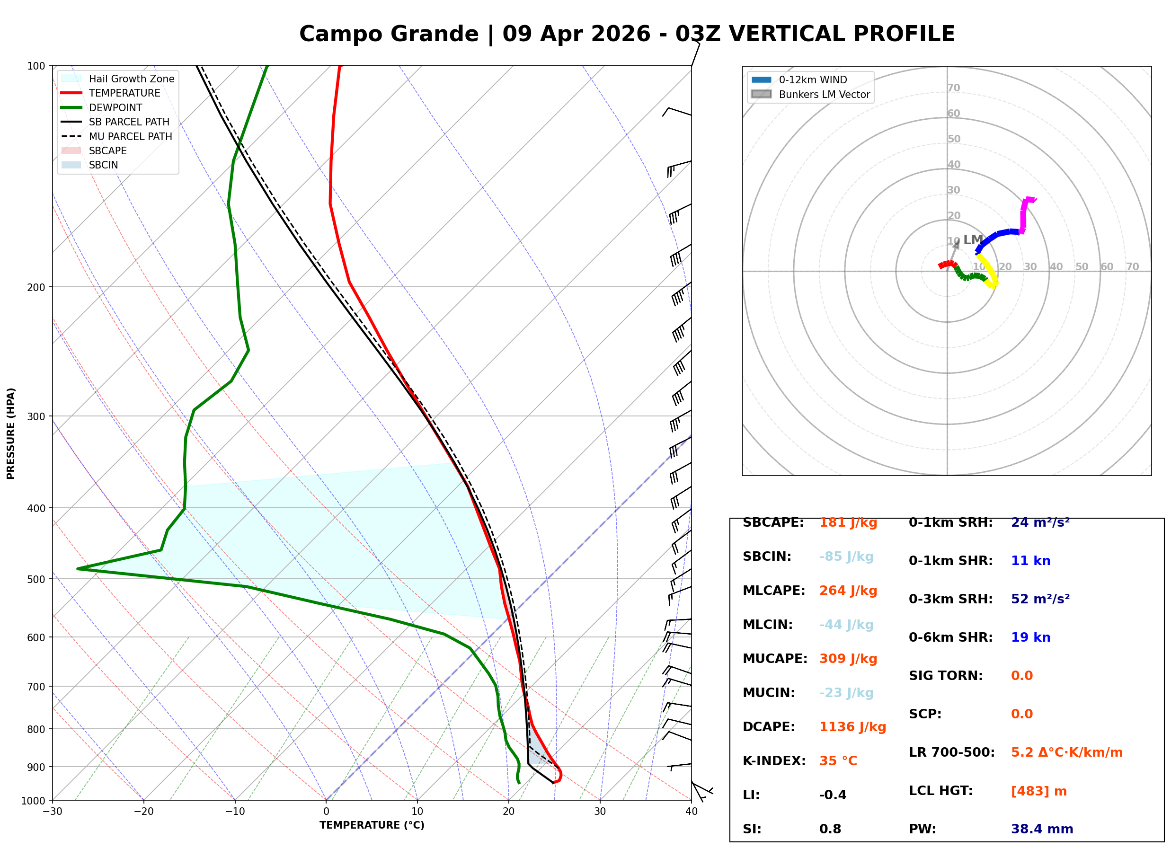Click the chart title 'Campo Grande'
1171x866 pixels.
click(389, 34)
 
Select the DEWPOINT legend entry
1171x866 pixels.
click(115, 107)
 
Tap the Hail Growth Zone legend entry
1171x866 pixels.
click(131, 79)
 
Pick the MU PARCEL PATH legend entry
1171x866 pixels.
click(130, 136)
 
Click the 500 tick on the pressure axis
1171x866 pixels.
click(37, 579)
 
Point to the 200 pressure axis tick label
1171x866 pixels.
click(37, 287)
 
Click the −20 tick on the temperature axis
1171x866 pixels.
click(143, 812)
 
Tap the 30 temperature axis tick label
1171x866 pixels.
click(600, 812)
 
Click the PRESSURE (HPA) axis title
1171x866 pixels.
click(11, 433)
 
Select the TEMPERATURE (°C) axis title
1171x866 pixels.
click(372, 825)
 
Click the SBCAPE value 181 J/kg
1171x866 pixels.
click(848, 522)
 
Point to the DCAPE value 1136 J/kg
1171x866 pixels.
click(852, 727)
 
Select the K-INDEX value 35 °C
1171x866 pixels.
click(838, 761)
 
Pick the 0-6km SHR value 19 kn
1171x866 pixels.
click(1030, 637)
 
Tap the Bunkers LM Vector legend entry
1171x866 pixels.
click(824, 94)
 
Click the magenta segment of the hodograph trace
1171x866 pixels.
click(1023, 215)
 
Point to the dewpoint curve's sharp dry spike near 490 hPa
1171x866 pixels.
click(79, 569)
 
